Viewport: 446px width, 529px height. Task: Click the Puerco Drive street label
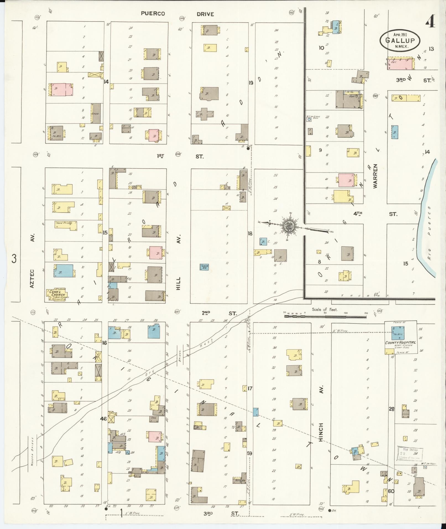pos(177,14)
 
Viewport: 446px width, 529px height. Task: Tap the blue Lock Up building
pos(204,267)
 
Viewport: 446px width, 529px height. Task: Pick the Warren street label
pos(375,176)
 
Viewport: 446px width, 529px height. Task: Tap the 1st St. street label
pos(180,157)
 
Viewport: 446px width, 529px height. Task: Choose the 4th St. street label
pos(375,214)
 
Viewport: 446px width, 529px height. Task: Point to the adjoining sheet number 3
pos(14,259)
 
